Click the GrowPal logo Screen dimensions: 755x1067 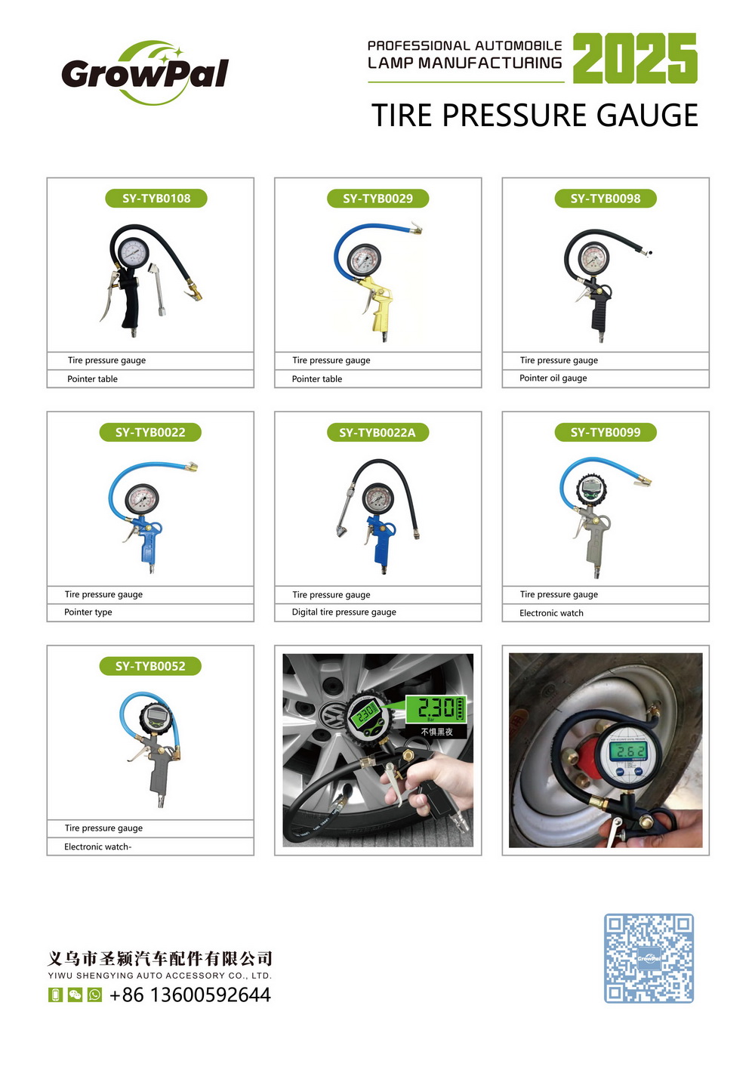click(x=145, y=73)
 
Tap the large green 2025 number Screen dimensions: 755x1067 click(x=635, y=58)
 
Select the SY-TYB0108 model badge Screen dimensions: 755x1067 click(x=156, y=198)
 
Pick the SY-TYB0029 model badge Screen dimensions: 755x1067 click(x=377, y=198)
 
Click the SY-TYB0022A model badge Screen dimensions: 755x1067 click(x=377, y=432)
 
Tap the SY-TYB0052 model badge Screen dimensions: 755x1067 click(x=150, y=666)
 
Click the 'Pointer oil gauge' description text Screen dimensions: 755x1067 click(x=553, y=378)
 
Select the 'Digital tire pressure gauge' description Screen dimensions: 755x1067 click(x=344, y=612)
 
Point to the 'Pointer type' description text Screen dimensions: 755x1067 click(x=88, y=612)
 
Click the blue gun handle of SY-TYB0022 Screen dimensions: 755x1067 click(x=148, y=545)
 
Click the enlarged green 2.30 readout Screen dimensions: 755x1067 click(x=436, y=708)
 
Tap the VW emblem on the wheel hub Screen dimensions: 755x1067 click(x=332, y=714)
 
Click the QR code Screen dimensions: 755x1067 click(x=649, y=958)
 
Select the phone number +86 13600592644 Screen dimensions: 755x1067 click(x=190, y=995)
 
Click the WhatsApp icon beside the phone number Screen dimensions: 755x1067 click(x=95, y=995)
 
